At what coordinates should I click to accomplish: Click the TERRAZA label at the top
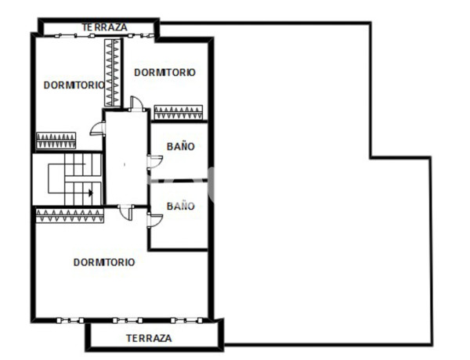pyautogui.click(x=104, y=27)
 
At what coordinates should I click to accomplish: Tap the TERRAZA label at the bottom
pyautogui.click(x=149, y=338)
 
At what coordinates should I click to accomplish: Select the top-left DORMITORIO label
pyautogui.click(x=73, y=85)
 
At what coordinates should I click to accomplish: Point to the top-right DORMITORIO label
pyautogui.click(x=164, y=72)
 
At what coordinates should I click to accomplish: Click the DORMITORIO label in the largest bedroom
pyautogui.click(x=104, y=262)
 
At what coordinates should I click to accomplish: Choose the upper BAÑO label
pyautogui.click(x=180, y=146)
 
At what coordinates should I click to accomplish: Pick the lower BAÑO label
pyautogui.click(x=180, y=206)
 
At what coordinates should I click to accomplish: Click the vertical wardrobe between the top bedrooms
pyautogui.click(x=114, y=72)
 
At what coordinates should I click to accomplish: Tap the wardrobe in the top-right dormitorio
pyautogui.click(x=179, y=112)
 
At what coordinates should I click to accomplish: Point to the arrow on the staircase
pyautogui.click(x=92, y=192)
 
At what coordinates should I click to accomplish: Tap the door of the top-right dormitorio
pyautogui.click(x=136, y=103)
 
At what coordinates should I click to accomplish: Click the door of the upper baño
pyautogui.click(x=154, y=161)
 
